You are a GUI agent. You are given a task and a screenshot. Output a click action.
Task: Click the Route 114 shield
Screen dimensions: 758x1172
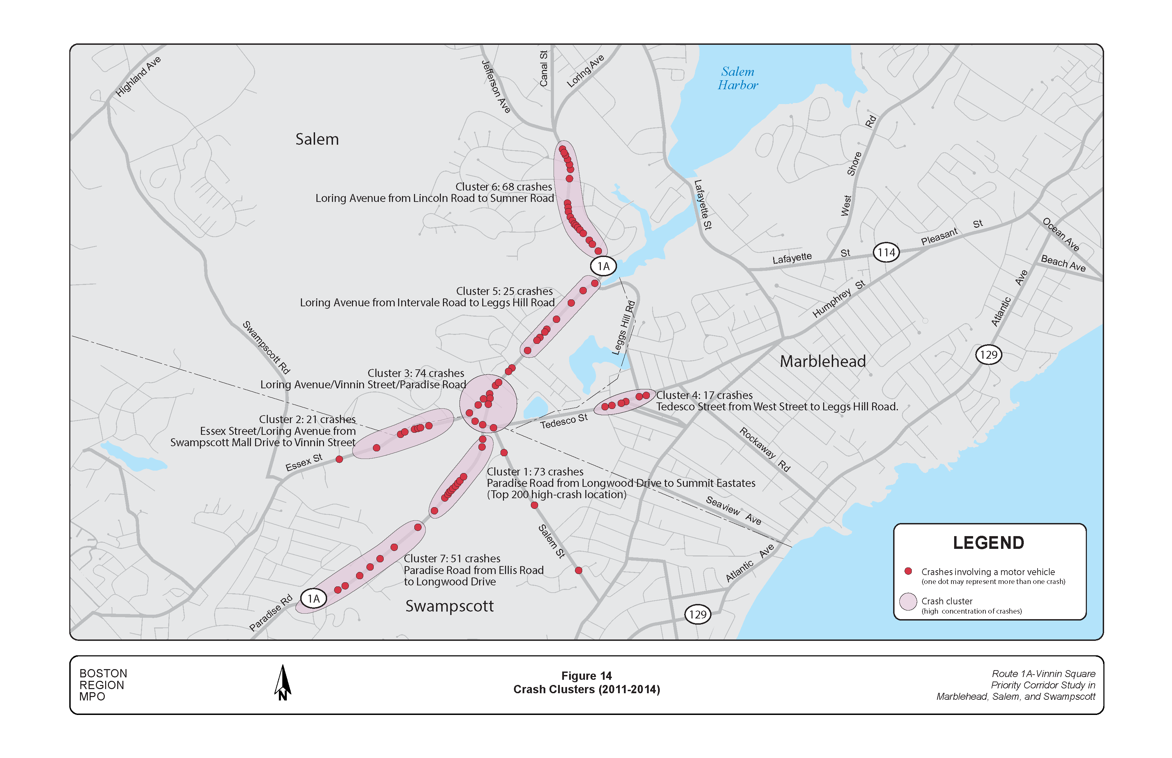tap(886, 253)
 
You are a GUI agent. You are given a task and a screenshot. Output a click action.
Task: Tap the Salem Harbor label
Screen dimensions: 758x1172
tap(737, 78)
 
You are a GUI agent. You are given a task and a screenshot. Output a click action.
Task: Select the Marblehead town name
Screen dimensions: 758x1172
tap(822, 361)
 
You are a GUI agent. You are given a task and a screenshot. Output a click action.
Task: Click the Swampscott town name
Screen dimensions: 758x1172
tap(449, 606)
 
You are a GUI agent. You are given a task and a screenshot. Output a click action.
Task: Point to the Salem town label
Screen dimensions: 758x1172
tap(317, 139)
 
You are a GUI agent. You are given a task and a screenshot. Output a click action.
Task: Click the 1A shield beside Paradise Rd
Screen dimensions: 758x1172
tap(314, 598)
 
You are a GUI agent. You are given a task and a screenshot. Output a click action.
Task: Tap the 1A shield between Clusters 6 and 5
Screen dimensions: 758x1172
tap(603, 266)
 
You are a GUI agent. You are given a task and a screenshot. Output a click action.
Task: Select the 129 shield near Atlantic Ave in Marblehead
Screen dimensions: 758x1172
tap(988, 355)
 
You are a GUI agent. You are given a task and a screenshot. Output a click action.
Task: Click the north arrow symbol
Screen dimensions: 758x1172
tap(283, 683)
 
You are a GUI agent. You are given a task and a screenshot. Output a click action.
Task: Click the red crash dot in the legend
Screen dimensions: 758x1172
tap(908, 571)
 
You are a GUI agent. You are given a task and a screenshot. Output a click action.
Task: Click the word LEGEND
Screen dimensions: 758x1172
tap(988, 543)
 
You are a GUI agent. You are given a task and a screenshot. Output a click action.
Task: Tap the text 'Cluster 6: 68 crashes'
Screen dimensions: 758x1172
tap(503, 187)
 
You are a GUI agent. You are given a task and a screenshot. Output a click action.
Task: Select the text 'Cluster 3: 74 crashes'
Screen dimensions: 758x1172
tap(416, 373)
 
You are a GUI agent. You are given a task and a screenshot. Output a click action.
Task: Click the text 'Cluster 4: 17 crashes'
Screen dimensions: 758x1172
tap(704, 395)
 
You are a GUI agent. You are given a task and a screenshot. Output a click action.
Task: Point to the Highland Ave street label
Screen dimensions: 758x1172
tap(138, 76)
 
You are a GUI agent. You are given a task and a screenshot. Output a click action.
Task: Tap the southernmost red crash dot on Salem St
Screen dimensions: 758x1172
tap(579, 571)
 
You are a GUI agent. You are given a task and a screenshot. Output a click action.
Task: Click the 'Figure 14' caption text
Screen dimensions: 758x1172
tap(586, 676)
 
